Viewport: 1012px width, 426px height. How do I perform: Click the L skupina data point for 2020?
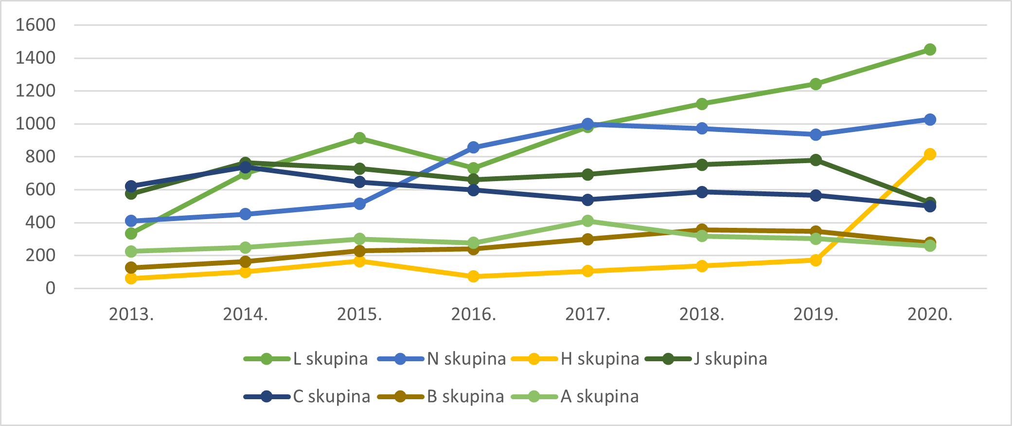coord(930,50)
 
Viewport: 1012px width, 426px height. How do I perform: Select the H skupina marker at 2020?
coord(930,154)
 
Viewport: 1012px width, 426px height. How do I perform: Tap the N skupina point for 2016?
coord(474,147)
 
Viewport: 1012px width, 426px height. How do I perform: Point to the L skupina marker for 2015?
coord(360,138)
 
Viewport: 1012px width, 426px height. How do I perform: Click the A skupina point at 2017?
coord(587,221)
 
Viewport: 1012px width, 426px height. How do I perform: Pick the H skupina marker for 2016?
coord(474,277)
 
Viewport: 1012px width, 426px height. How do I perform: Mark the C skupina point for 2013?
coord(131,186)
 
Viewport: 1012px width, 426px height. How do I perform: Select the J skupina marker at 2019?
coord(816,160)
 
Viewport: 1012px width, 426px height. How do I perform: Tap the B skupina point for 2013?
coord(131,268)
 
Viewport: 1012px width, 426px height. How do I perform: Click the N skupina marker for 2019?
coord(816,134)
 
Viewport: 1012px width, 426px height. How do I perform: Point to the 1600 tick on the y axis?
coord(36,25)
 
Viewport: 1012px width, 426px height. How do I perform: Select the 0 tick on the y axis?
coord(51,288)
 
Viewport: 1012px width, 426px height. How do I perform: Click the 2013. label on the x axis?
coord(131,315)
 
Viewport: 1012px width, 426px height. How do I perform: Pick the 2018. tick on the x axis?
coord(702,315)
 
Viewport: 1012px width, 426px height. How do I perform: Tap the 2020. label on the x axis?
coord(930,315)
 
